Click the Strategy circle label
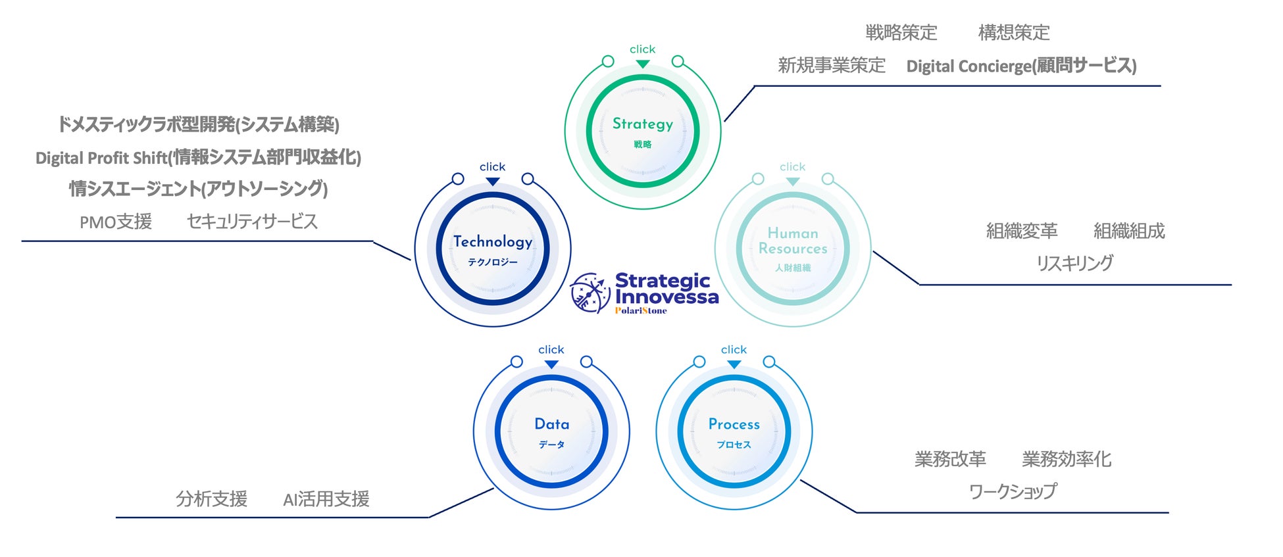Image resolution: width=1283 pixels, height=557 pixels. [643, 124]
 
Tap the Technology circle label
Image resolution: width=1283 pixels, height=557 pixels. [493, 242]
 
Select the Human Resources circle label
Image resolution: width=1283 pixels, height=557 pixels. [793, 241]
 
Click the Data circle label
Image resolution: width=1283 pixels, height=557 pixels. [551, 425]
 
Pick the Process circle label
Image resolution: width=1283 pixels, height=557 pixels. [734, 425]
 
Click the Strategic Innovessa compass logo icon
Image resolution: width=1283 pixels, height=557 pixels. [590, 293]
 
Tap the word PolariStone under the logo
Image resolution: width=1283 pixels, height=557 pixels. [641, 311]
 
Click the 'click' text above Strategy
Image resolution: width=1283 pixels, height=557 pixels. [642, 49]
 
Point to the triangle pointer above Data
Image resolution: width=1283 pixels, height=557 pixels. [551, 364]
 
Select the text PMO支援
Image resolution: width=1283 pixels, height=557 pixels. [116, 222]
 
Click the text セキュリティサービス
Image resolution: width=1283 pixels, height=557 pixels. [252, 222]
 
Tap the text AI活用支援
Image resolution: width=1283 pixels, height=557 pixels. [326, 500]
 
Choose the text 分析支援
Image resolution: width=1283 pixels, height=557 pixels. [211, 499]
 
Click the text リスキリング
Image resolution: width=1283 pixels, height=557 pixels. [1074, 263]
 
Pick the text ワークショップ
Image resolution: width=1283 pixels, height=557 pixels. [1013, 491]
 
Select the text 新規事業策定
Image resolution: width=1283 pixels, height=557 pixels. [832, 66]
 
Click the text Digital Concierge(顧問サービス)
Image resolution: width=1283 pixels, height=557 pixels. [1021, 66]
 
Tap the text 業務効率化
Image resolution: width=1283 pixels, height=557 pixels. [1066, 459]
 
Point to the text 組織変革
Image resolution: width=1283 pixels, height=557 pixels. [1022, 231]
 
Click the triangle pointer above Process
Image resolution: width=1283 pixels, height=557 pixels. [734, 364]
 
